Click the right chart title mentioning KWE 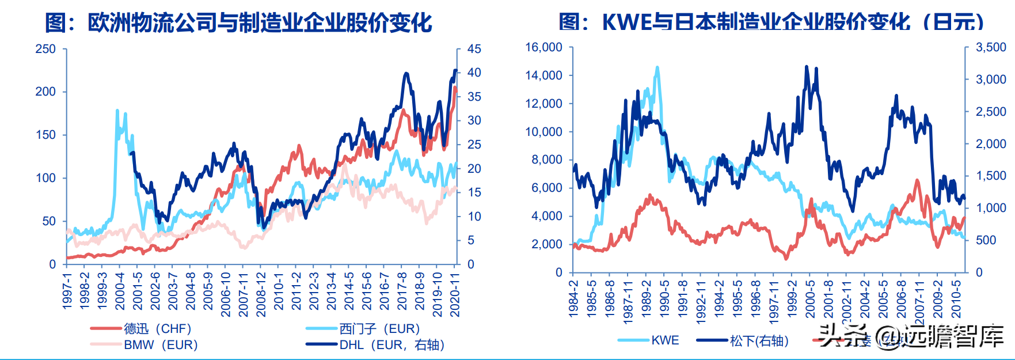click(771, 22)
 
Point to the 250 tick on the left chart click(45, 49)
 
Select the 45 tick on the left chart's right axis click(474, 49)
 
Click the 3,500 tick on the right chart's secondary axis click(991, 47)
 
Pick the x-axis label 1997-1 click(67, 291)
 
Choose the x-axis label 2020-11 click(455, 294)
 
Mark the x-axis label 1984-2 click(573, 298)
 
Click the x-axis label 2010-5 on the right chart click(956, 298)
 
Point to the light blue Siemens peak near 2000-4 click(117, 111)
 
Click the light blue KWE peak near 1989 click(657, 68)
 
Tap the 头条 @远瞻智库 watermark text click(910, 336)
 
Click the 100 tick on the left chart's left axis click(45, 178)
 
